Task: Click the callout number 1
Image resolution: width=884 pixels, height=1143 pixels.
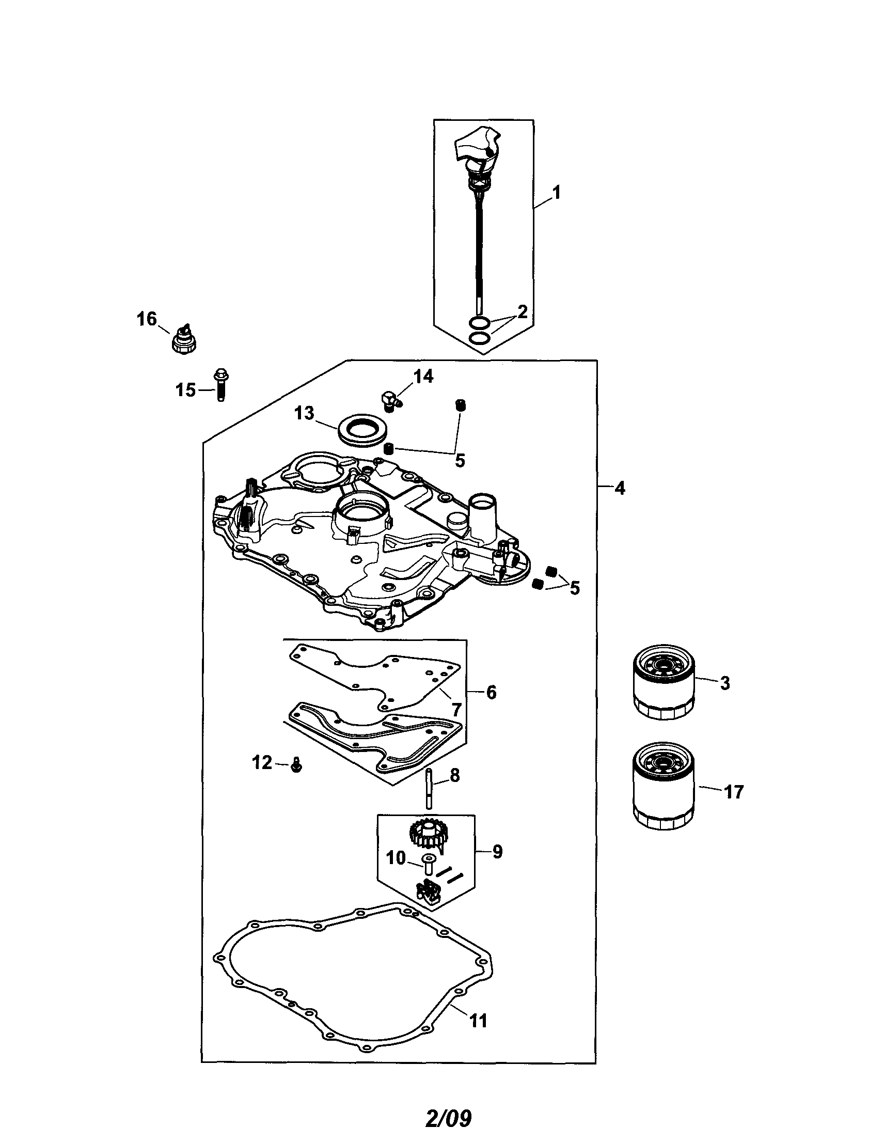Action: tap(557, 193)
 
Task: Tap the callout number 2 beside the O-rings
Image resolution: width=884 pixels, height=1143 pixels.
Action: tap(522, 312)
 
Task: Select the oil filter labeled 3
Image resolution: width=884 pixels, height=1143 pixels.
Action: tap(664, 681)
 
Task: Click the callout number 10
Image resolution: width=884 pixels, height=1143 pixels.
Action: tap(396, 858)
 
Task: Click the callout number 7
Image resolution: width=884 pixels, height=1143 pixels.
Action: tap(456, 710)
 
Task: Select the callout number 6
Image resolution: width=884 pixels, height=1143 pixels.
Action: tap(491, 692)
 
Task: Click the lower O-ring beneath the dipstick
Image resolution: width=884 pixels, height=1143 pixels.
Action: tap(480, 338)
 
